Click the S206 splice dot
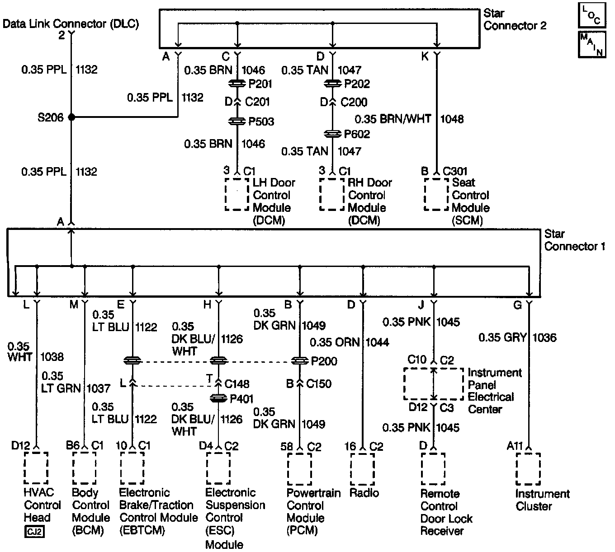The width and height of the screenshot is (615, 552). pyautogui.click(x=71, y=117)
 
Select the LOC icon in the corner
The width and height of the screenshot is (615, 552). pyautogui.click(x=591, y=15)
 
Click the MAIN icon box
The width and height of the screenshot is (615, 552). pyautogui.click(x=591, y=44)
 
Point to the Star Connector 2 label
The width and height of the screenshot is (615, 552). pyautogui.click(x=514, y=19)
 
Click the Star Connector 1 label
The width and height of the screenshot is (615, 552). pyautogui.click(x=574, y=240)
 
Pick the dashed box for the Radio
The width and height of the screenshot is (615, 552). pyautogui.click(x=362, y=469)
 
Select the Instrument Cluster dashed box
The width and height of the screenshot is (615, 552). pyautogui.click(x=528, y=469)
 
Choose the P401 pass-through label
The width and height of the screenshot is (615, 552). pyautogui.click(x=241, y=399)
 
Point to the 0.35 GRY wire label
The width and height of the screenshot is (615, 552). pyautogui.click(x=502, y=337)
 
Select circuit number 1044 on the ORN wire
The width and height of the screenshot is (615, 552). pyautogui.click(x=377, y=342)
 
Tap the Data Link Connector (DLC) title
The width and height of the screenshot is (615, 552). pyautogui.click(x=71, y=24)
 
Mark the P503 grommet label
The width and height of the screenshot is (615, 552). pyautogui.click(x=261, y=122)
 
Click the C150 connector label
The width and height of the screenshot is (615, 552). pyautogui.click(x=318, y=384)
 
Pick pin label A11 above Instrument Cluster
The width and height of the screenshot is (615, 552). pyautogui.click(x=515, y=446)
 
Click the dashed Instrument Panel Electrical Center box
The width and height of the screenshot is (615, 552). pyautogui.click(x=433, y=384)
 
